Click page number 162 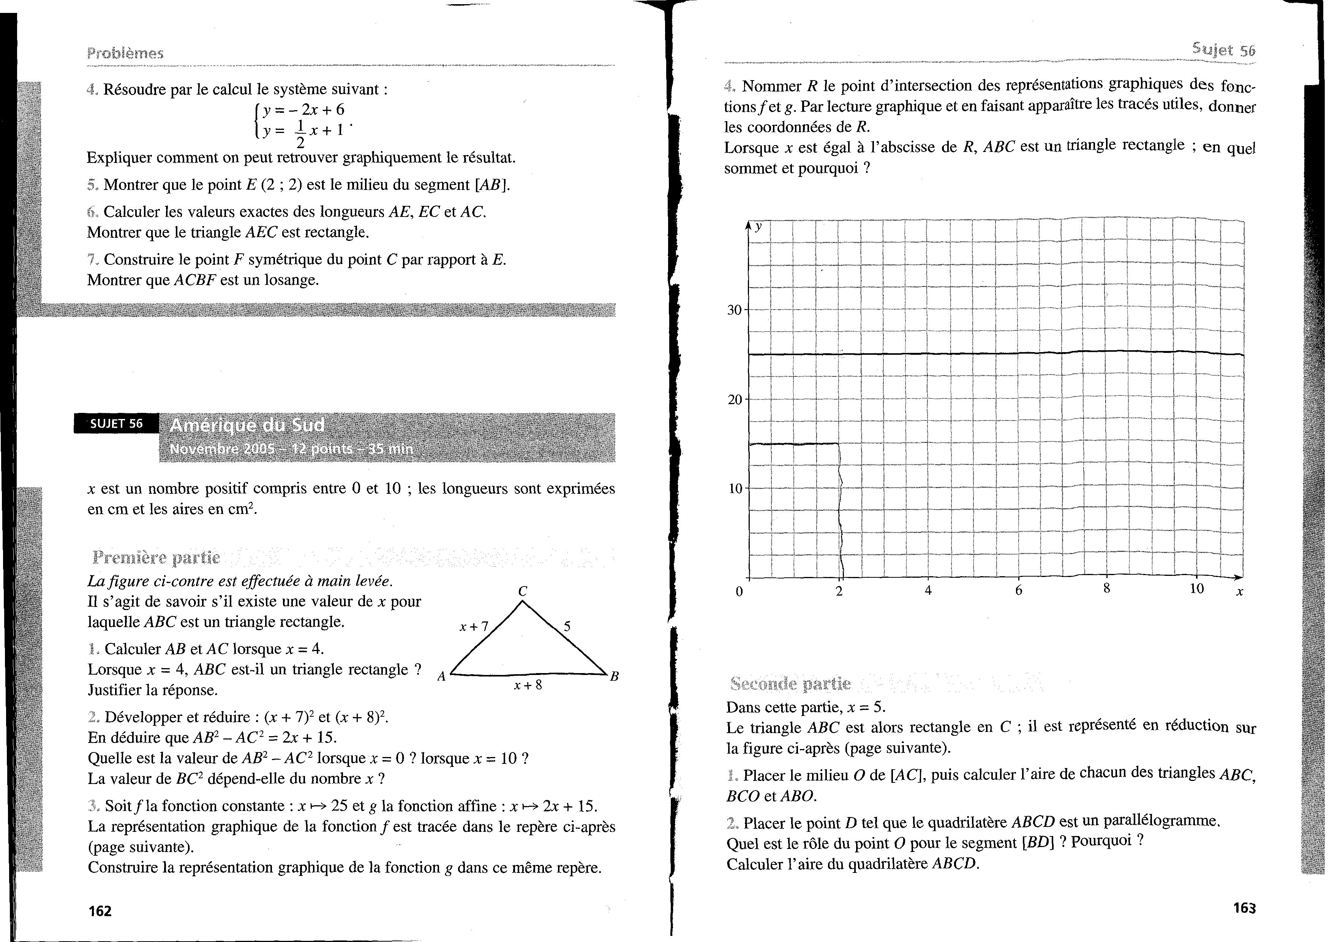coord(100,911)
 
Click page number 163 coord(1244,908)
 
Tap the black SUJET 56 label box coord(116,424)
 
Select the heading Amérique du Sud coord(247,426)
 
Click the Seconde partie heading coord(790,684)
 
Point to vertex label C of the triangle coord(523,591)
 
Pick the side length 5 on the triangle coord(567,626)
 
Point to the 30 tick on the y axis coord(735,310)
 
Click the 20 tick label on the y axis coord(735,400)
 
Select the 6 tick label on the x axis coord(1018,591)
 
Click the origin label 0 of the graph coord(739,592)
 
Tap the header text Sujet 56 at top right coord(1223,50)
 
